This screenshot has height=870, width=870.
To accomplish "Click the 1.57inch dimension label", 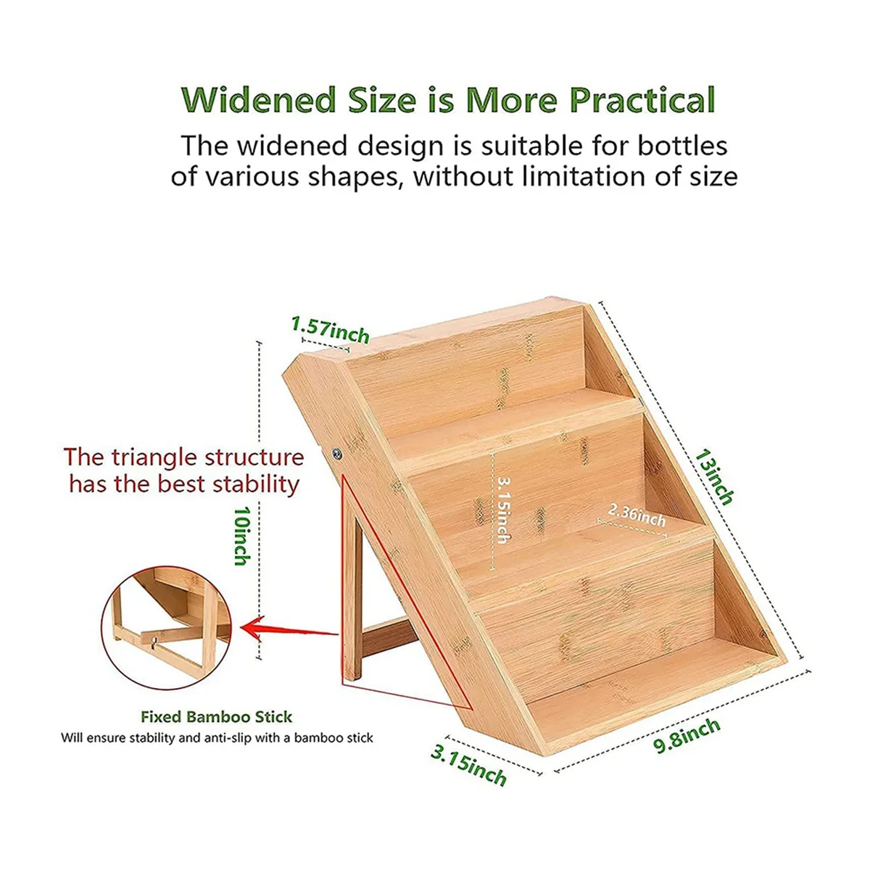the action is [330, 329].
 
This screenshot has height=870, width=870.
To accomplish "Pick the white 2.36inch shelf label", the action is [637, 515].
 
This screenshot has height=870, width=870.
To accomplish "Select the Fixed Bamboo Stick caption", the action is [217, 716].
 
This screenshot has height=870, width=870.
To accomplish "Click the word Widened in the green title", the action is [259, 100].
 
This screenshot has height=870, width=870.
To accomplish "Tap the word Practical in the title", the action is [642, 100].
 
